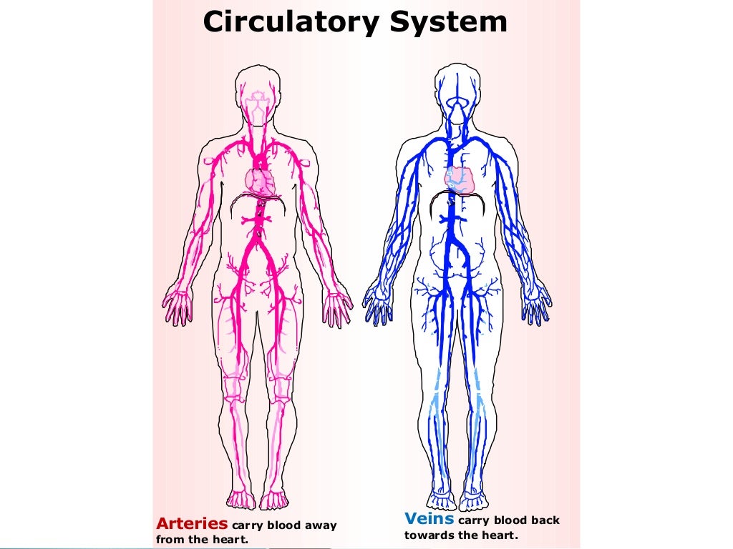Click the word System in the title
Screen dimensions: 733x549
[x=448, y=22]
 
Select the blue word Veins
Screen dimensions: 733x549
[x=429, y=518]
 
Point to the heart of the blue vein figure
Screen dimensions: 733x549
[x=461, y=180]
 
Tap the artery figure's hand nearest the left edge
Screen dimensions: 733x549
[x=178, y=305]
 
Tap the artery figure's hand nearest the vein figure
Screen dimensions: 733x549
[x=338, y=306]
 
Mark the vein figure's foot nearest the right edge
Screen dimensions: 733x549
[x=473, y=499]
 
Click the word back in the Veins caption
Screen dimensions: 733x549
[x=545, y=521]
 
